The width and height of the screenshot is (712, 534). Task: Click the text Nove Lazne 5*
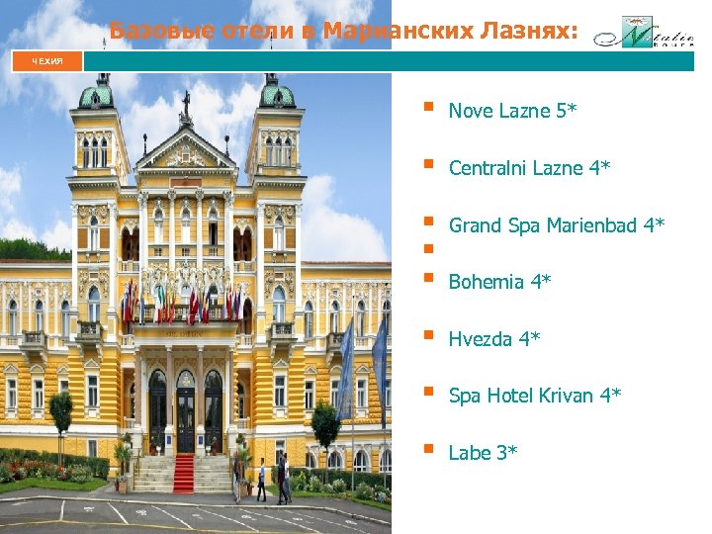coord(512,112)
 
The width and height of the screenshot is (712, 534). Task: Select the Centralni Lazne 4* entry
coord(529,168)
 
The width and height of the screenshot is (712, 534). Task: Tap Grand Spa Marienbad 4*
coord(556,225)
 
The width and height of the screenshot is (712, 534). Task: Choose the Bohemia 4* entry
coord(499,282)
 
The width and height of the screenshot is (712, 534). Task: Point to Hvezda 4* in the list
coord(493,339)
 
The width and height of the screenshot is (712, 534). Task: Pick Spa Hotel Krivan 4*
coord(534,396)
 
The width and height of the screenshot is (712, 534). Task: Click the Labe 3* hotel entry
coord(483,453)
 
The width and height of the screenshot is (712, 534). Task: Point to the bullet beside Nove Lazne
coord(427,108)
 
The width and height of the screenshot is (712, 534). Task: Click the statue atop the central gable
coord(185,103)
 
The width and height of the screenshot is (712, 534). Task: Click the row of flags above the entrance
coord(183,302)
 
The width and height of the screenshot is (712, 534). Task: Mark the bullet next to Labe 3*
coord(427,449)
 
